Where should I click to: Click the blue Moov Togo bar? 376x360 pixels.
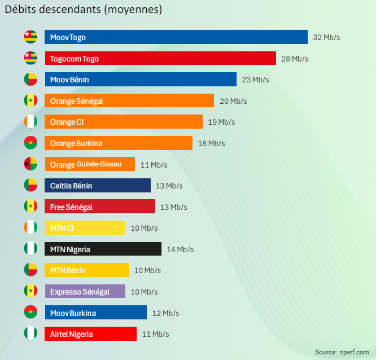point(176,37)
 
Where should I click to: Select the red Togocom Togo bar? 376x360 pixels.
point(160,59)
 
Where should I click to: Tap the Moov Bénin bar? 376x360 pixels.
point(141,80)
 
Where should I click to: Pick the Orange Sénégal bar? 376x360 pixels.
point(129,101)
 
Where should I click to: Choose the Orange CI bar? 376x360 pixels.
point(124,122)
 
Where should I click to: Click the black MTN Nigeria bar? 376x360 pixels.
point(103,249)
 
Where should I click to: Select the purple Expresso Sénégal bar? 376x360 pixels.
point(85,292)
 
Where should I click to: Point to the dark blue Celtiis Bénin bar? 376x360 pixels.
point(98,186)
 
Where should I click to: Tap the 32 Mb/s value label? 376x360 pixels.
point(326,37)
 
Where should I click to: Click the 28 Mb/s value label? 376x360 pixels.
point(295,59)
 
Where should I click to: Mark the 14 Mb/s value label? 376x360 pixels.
point(180,249)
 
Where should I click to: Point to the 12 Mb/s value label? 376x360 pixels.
point(165,313)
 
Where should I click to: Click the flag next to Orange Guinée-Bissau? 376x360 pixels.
point(30,164)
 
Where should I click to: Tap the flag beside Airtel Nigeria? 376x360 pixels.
point(30,333)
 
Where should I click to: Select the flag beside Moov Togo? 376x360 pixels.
point(30,37)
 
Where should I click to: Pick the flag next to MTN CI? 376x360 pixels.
point(30,227)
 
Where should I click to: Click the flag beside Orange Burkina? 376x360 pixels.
point(30,143)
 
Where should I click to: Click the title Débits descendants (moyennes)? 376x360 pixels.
point(84,10)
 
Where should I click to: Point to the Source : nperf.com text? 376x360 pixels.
point(342,352)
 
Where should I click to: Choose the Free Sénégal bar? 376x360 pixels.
point(100,207)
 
